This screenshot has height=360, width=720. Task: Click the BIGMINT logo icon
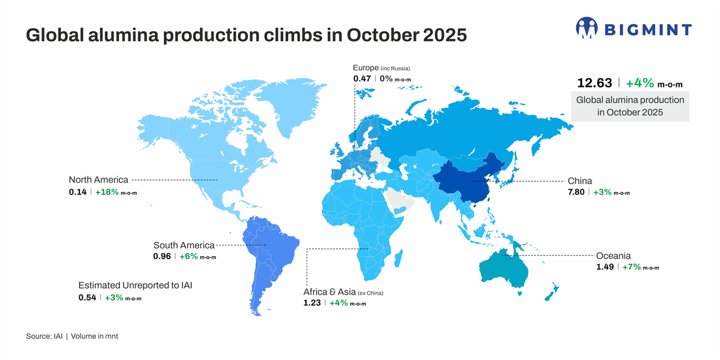coord(587,28)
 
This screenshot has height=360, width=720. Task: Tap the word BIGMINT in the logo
coord(647,29)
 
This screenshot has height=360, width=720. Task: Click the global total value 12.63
coord(593,83)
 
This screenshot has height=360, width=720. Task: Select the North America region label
coord(98,179)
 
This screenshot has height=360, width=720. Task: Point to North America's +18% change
coord(107,192)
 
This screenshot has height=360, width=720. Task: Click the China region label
coord(580,181)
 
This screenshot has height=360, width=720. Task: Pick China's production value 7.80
coord(577,192)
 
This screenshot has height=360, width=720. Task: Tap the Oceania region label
coord(613,255)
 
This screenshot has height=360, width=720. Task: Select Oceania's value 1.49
coord(605,267)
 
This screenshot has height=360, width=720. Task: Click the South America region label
coord(184,245)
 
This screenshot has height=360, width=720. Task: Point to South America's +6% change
coord(188,257)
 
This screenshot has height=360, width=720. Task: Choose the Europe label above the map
coord(365,68)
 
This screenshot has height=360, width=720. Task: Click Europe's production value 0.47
coord(362,78)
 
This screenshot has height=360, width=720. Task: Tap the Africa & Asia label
coord(329,292)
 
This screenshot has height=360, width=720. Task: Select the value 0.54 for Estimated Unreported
coord(87,298)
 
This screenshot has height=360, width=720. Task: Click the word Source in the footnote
coord(39,337)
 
